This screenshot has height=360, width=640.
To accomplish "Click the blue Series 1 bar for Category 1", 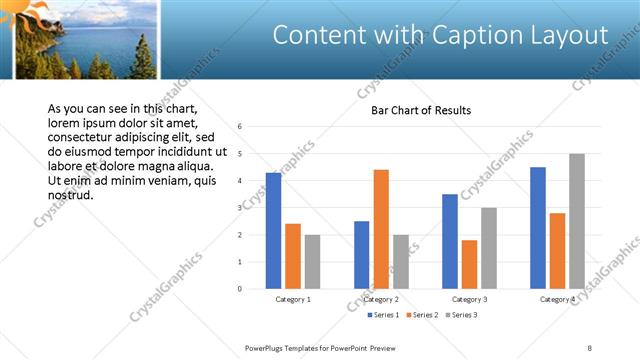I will [x=273, y=231].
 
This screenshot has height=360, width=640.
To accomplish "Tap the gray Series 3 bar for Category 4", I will [x=577, y=221].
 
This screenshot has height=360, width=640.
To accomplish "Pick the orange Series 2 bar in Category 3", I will [x=469, y=264].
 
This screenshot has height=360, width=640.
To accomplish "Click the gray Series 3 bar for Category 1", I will [x=312, y=262].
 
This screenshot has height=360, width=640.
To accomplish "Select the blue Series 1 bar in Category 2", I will [x=361, y=255].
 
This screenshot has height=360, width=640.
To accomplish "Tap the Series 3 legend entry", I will [x=462, y=315].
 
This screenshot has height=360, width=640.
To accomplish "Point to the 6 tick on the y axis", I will [x=240, y=127].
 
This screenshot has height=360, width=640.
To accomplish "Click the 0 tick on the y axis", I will [x=240, y=289].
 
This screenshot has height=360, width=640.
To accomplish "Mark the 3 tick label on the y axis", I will [x=240, y=208].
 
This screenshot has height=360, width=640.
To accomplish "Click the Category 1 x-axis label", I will [x=293, y=299].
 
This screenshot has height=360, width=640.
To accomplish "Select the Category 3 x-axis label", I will [x=469, y=299].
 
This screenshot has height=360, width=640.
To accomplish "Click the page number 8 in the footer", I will [x=590, y=347].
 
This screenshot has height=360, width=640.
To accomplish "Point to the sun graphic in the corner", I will [x=23, y=12].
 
